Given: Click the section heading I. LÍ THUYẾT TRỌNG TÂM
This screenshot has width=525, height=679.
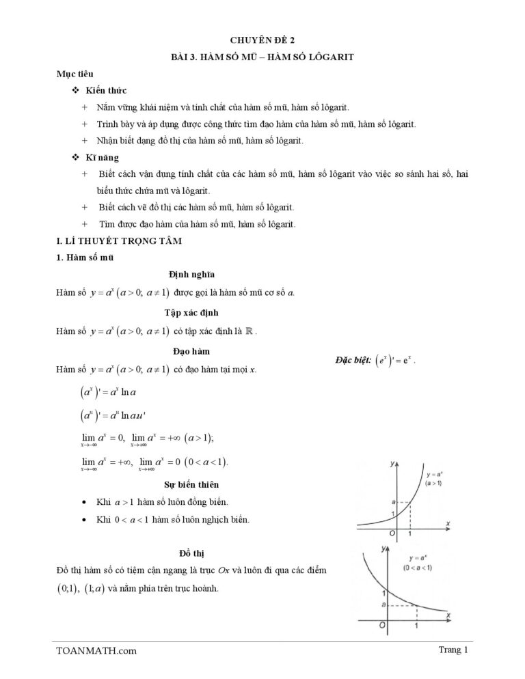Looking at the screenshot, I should [119, 241].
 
